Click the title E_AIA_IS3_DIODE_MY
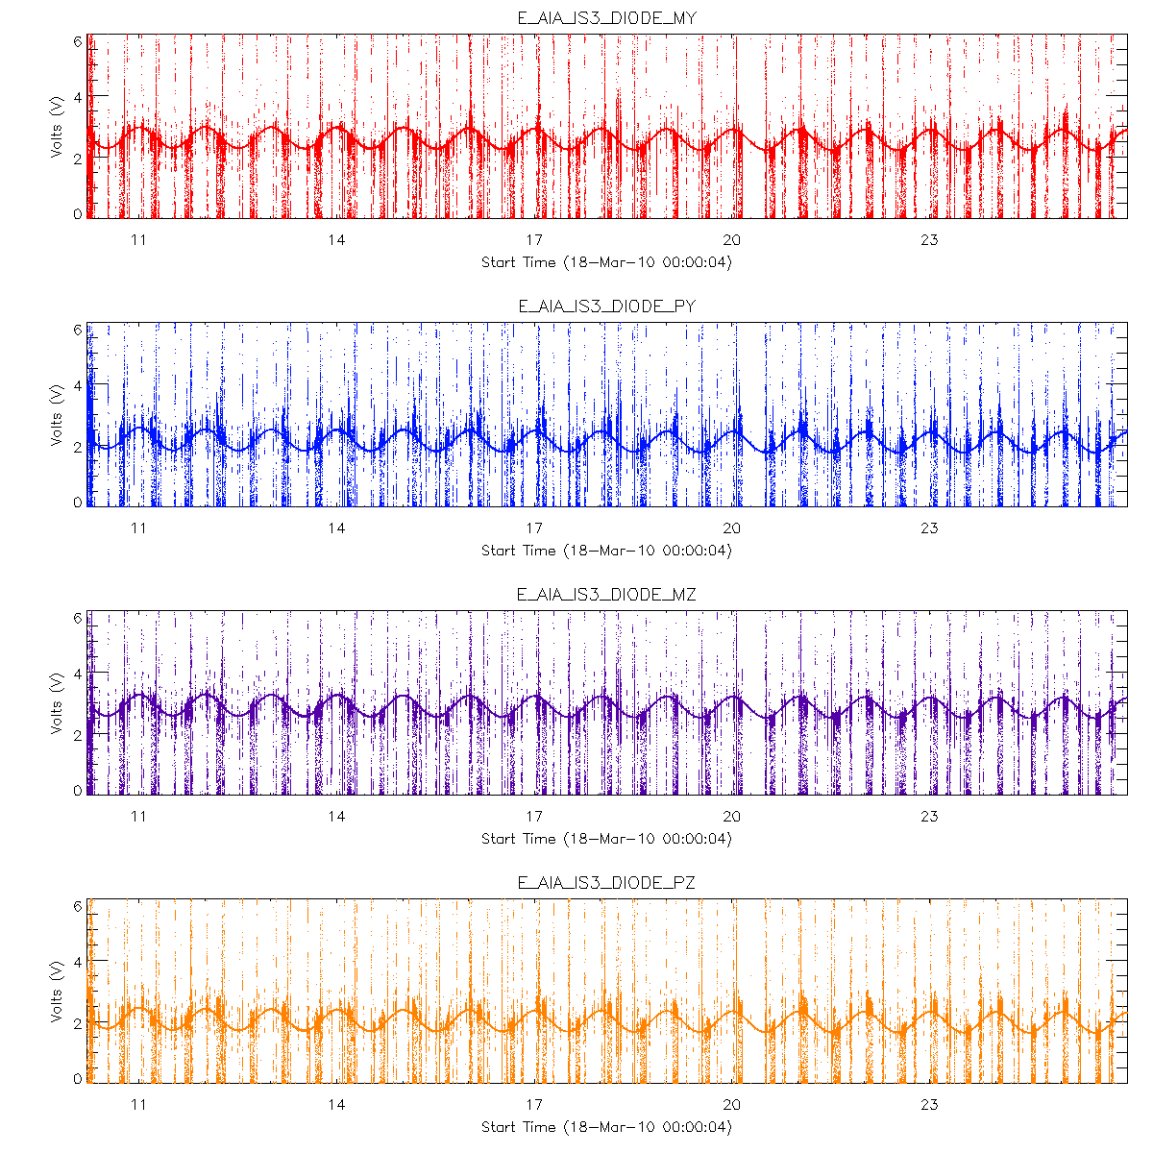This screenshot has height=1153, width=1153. coord(606,17)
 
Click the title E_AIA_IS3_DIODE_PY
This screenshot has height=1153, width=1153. coord(606,306)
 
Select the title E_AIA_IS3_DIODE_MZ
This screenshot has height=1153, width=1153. coord(606,594)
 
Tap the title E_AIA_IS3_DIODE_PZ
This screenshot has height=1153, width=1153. coord(606,882)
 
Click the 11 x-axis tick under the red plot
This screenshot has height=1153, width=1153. coord(138,240)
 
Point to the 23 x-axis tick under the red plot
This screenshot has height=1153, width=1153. coord(929,240)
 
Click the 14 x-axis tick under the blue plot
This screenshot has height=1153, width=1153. coord(336,528)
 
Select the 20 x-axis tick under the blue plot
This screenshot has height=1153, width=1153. coord(732,528)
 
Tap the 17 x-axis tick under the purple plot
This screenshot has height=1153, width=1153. coord(534,817)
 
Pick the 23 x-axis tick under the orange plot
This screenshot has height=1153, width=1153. coord(929,1105)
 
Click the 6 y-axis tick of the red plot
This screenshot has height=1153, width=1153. coord(78,40)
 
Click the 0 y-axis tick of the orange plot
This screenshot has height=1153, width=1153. coord(78,1079)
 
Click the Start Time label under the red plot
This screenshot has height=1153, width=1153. coord(606,262)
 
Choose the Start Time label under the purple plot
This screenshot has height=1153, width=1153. coord(606,839)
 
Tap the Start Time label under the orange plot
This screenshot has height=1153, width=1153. coord(606,1127)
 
